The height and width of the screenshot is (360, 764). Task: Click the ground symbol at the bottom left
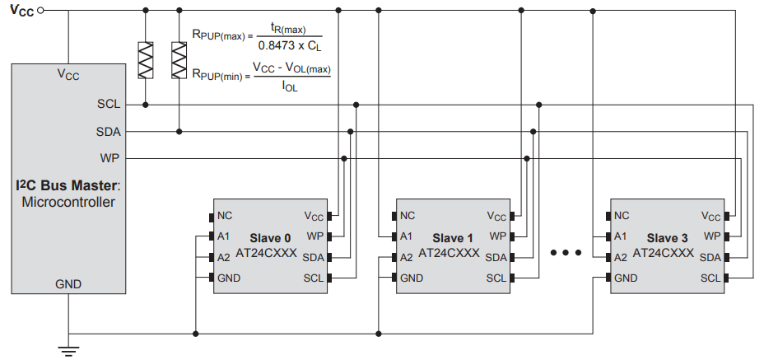[x=69, y=352]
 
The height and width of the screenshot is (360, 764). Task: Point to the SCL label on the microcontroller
[x=108, y=105]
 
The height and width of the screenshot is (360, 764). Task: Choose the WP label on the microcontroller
[x=109, y=157]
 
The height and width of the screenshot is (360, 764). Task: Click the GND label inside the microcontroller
[x=68, y=283]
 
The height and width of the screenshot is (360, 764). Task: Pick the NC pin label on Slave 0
[x=225, y=216]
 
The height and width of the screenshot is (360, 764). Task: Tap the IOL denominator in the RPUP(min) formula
[x=289, y=84]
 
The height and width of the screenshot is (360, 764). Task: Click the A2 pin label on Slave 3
[x=622, y=257]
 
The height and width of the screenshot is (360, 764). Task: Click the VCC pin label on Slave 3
[x=710, y=217]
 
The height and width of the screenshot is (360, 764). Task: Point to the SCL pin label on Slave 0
[x=314, y=278]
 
